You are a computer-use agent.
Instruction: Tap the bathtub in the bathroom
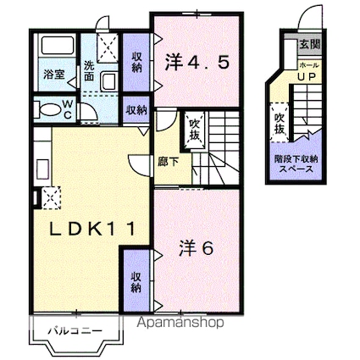coord(56,49)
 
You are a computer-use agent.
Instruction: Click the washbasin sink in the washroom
coord(109,81)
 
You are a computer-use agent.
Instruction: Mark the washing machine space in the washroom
coord(108,48)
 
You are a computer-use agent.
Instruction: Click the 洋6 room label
coord(195,249)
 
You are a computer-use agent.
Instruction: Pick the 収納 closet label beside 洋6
coord(136,281)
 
